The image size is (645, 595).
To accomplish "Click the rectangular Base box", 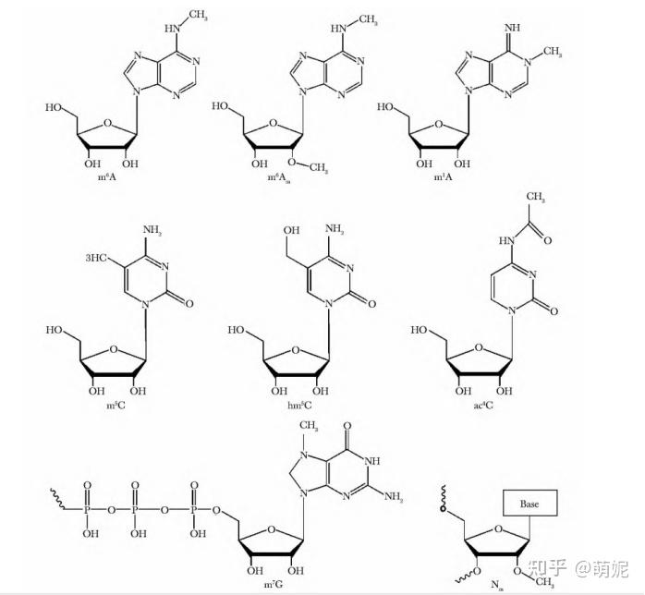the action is point(528,504).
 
